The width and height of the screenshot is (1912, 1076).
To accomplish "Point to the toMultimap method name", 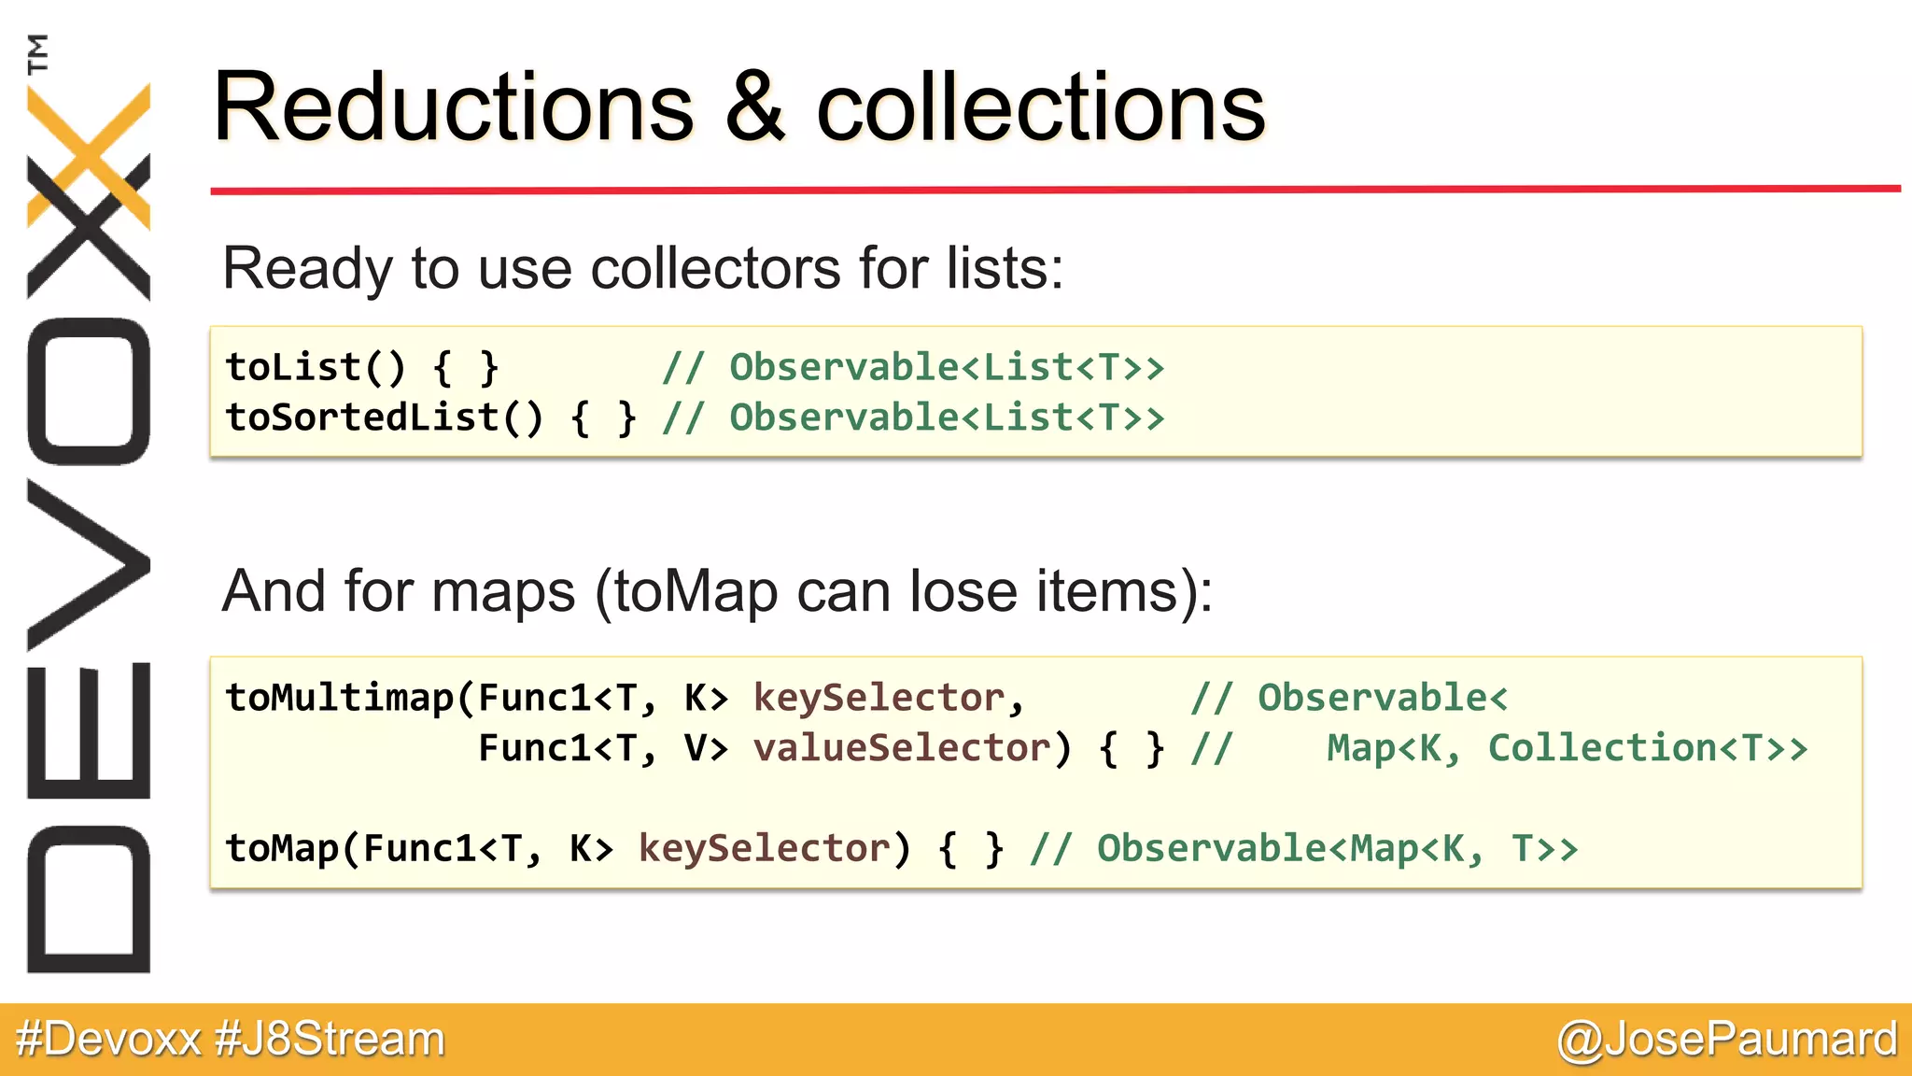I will tap(340, 698).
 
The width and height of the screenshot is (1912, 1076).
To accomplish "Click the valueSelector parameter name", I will tap(902, 748).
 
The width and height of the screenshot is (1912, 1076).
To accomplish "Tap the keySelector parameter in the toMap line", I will tap(764, 848).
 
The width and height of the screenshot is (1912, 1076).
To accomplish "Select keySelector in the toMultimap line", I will tap(879, 698).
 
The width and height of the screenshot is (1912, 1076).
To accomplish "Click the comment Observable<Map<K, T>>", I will tap(1337, 848).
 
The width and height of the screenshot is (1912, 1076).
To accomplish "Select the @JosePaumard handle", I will tap(1727, 1039).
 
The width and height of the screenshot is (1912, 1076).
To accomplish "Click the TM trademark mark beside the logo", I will tap(37, 53).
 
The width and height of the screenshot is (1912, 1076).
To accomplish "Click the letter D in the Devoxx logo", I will tap(89, 899).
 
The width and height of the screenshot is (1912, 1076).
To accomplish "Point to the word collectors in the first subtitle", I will tap(716, 268).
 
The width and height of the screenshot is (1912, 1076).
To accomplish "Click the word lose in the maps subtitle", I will tap(963, 591).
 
